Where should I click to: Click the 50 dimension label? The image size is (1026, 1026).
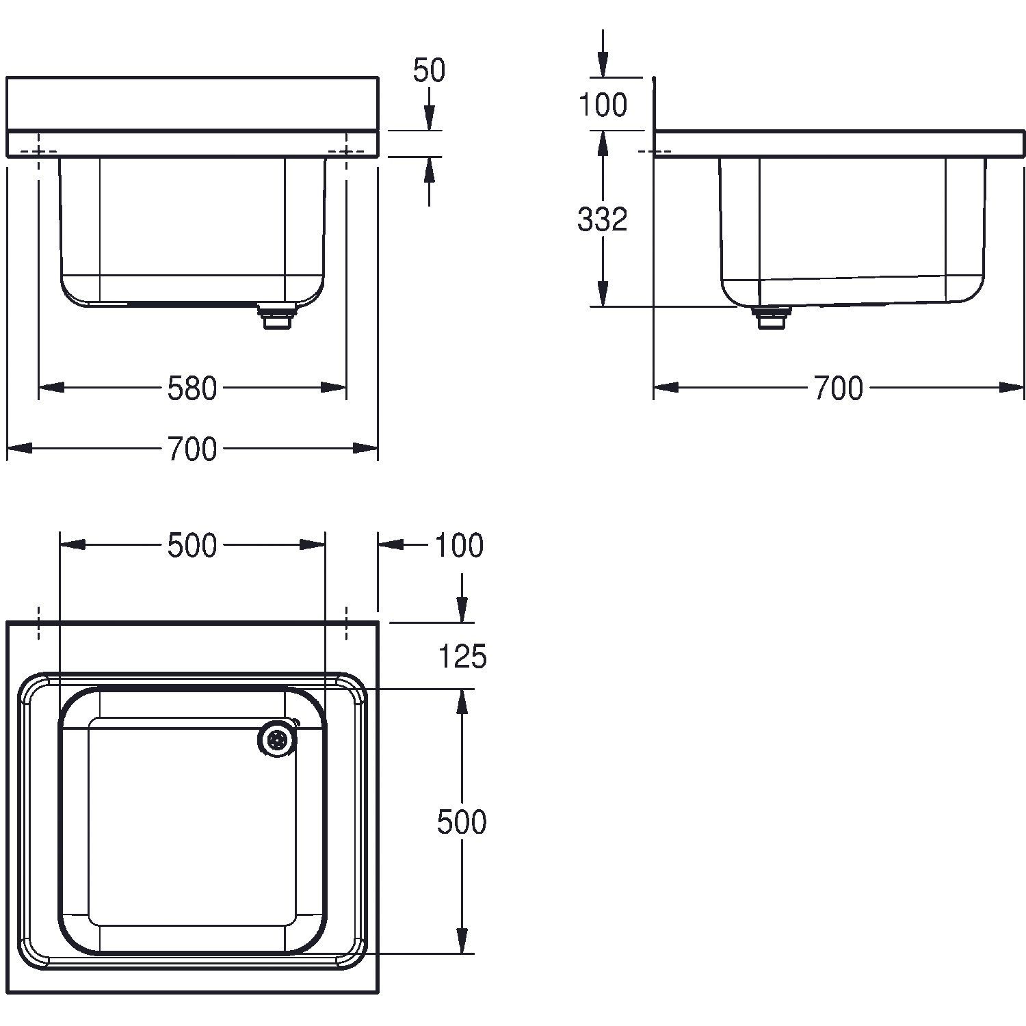pyautogui.click(x=429, y=70)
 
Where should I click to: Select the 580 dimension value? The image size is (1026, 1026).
pyautogui.click(x=192, y=389)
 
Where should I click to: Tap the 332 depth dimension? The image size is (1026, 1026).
pyautogui.click(x=602, y=220)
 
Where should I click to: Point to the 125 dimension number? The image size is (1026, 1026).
pyautogui.click(x=462, y=657)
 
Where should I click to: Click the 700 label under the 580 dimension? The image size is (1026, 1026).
pyautogui.click(x=192, y=449)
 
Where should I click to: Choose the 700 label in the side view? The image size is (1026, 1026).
pyautogui.click(x=839, y=389)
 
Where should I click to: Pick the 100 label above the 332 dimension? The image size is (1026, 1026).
pyautogui.click(x=602, y=105)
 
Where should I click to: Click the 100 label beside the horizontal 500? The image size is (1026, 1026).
pyautogui.click(x=458, y=545)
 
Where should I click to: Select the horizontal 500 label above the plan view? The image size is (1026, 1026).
pyautogui.click(x=192, y=545)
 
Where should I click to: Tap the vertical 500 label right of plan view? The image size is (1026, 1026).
pyautogui.click(x=462, y=821)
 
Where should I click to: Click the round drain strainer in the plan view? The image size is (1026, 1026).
pyautogui.click(x=277, y=739)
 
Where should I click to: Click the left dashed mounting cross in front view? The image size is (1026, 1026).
pyautogui.click(x=38, y=152)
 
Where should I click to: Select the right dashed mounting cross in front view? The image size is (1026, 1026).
pyautogui.click(x=346, y=152)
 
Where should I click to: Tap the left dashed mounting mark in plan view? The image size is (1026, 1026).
pyautogui.click(x=38, y=623)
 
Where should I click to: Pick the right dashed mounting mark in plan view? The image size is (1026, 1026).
pyautogui.click(x=346, y=623)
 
